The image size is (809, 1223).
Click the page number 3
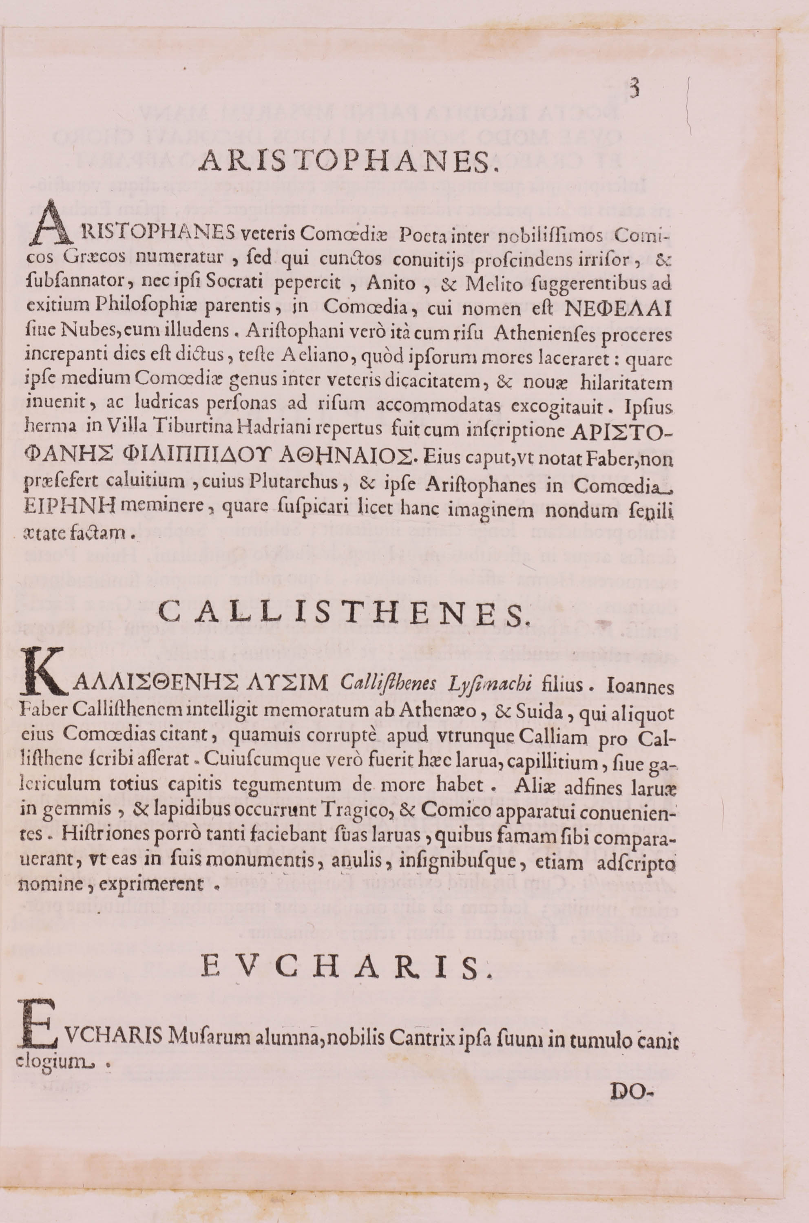(x=634, y=89)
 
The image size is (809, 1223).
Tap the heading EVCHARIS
(x=346, y=967)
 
